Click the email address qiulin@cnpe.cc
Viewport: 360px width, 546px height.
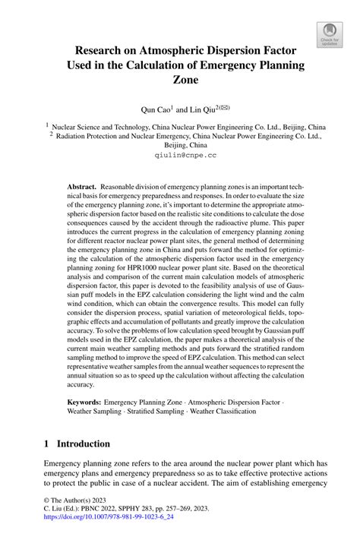pos(180,154)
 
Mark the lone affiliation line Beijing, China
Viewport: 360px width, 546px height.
pos(180,143)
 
